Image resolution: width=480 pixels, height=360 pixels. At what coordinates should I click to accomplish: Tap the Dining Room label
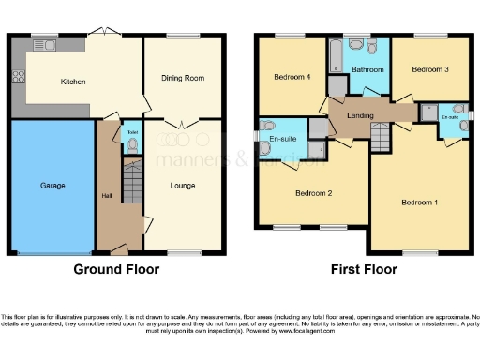pyautogui.click(x=182, y=78)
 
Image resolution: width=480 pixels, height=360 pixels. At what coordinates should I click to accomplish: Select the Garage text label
pyautogui.click(x=52, y=186)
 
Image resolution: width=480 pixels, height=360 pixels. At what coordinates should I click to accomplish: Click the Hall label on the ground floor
pyautogui.click(x=106, y=196)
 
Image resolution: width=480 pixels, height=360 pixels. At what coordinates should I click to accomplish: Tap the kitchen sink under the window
pyautogui.click(x=44, y=44)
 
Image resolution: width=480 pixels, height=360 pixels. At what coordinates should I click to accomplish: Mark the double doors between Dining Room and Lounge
pyautogui.click(x=181, y=122)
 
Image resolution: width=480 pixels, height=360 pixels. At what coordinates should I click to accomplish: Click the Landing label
pyautogui.click(x=362, y=116)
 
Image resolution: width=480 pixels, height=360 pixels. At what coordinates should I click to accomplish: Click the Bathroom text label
pyautogui.click(x=367, y=70)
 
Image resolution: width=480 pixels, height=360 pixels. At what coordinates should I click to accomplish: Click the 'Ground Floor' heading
pyautogui.click(x=116, y=269)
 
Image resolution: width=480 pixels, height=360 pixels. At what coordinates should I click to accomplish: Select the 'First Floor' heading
pyautogui.click(x=363, y=269)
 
